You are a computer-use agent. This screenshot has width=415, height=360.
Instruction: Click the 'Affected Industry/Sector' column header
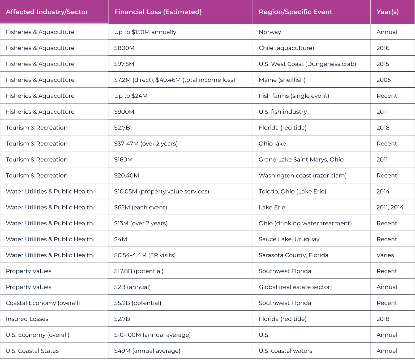coord(47,12)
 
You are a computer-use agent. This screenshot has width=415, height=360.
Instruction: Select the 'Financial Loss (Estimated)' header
coord(158,12)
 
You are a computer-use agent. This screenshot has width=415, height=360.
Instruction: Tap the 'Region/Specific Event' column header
coord(295,12)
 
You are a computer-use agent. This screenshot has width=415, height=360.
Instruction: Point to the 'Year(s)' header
coord(387,12)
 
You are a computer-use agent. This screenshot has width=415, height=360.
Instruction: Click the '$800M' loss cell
coord(124,48)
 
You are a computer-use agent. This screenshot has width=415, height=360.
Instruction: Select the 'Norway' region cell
coord(270,32)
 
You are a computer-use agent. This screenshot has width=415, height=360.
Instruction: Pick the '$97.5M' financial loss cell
coord(124,64)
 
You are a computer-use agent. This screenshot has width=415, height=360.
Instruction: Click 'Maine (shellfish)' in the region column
coord(282,80)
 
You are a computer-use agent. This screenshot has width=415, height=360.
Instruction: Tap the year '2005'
coord(384,80)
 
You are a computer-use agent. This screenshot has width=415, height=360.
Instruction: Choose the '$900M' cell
coord(124,112)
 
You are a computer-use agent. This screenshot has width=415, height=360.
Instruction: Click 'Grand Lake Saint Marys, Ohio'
coord(301,160)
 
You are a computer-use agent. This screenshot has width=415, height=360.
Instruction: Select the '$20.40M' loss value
coord(127,176)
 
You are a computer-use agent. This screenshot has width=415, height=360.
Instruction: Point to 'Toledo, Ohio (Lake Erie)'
coord(292,191)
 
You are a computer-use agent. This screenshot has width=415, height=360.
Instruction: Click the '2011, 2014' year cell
coord(390,207)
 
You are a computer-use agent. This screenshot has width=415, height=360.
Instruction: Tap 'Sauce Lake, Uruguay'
coord(289,239)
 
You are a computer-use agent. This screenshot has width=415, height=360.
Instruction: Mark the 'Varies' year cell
coord(385,255)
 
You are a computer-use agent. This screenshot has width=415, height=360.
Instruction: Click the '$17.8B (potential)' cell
coord(139,271)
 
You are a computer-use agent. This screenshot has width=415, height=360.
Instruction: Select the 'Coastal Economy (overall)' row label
coord(43,303)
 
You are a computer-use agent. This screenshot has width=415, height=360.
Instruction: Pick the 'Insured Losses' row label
coord(27,319)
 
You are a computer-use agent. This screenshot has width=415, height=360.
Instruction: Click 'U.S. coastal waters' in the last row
coord(285,351)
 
